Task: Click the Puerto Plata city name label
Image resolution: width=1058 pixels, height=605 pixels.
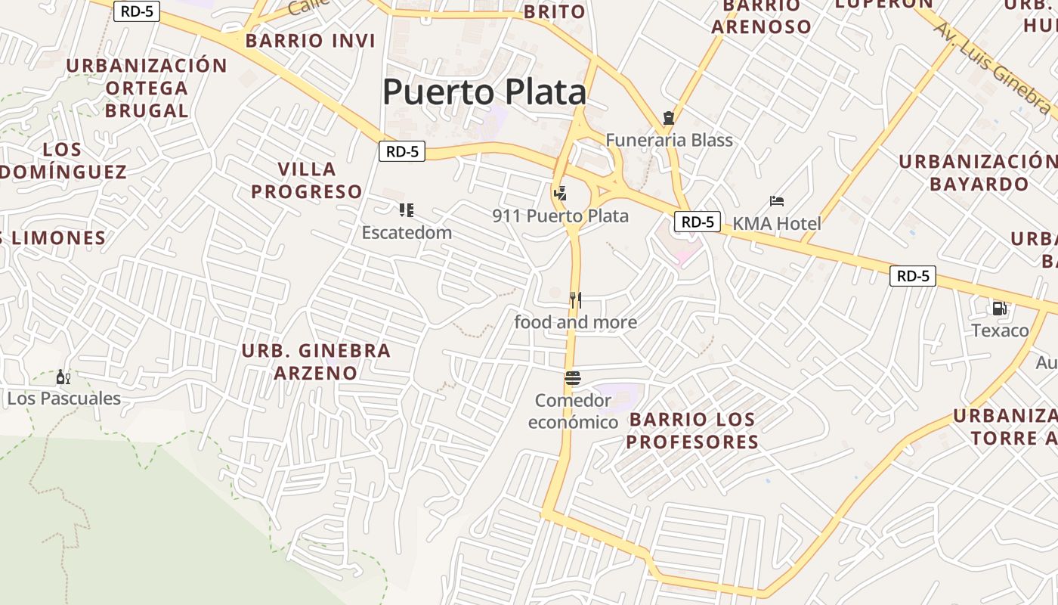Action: (484, 92)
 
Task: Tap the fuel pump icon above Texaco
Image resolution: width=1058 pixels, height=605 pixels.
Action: (1000, 308)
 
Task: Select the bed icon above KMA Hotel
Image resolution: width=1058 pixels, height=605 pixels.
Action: (777, 201)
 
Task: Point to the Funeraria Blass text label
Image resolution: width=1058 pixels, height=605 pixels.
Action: (670, 140)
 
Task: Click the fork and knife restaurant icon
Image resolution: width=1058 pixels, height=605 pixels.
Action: (575, 300)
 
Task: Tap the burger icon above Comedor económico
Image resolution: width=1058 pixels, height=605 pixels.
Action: (573, 377)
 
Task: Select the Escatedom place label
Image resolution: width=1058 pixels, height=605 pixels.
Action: (407, 232)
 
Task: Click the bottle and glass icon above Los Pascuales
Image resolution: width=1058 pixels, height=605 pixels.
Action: (63, 377)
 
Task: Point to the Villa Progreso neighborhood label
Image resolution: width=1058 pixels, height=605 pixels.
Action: (307, 180)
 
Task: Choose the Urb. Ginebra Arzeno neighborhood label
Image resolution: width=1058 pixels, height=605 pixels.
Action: (316, 361)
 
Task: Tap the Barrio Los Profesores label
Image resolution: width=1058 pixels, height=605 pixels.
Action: (692, 430)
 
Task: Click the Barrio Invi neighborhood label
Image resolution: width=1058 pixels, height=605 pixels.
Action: (310, 41)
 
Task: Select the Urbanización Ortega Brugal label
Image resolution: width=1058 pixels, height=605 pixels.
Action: (147, 88)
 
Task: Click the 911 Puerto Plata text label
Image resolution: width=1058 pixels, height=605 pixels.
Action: (560, 216)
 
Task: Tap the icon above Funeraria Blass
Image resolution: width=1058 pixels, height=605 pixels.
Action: (668, 118)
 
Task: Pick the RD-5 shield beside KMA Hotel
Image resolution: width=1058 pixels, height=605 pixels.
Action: (697, 222)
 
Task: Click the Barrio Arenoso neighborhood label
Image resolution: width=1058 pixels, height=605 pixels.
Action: (761, 17)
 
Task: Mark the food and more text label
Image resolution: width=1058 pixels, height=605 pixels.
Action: (575, 322)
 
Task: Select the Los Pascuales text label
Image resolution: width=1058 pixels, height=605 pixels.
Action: (64, 399)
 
